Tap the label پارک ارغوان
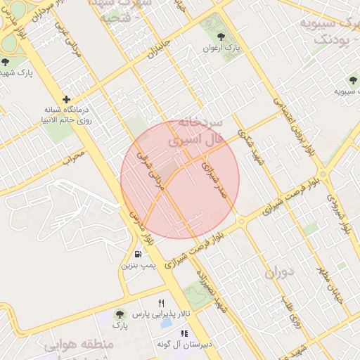pyautogui.click(x=228, y=48)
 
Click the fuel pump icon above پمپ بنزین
pyautogui.click(x=138, y=254)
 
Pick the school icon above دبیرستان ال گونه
pyautogui.click(x=184, y=333)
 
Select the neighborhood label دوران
pyautogui.click(x=279, y=272)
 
